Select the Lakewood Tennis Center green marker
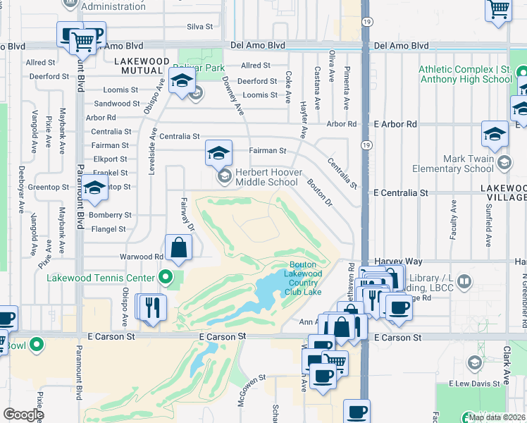pyautogui.click(x=166, y=278)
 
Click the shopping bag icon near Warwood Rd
pyautogui.click(x=179, y=247)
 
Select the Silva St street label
pyautogui.click(x=199, y=27)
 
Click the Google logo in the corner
pyautogui.click(x=23, y=415)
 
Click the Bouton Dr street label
pyautogui.click(x=319, y=192)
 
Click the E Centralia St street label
pyautogui.click(x=400, y=192)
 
